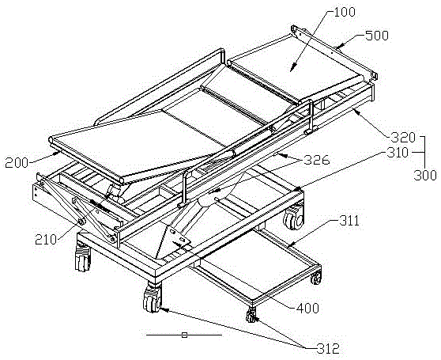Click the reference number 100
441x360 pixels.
[345, 12]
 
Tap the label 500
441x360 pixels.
[377, 36]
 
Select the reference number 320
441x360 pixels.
[404, 138]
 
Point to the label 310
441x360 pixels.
[396, 153]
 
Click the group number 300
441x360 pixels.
[425, 175]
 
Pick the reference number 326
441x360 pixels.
[318, 160]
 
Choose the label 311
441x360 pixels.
[349, 222]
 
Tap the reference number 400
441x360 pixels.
[307, 309]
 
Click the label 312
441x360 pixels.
[328, 349]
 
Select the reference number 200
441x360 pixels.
[17, 163]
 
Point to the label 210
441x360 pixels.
[46, 240]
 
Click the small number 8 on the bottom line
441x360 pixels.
[184, 335]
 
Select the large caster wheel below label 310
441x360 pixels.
[294, 218]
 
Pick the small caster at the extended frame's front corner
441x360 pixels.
[251, 315]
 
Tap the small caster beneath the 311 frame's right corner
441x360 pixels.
[316, 277]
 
